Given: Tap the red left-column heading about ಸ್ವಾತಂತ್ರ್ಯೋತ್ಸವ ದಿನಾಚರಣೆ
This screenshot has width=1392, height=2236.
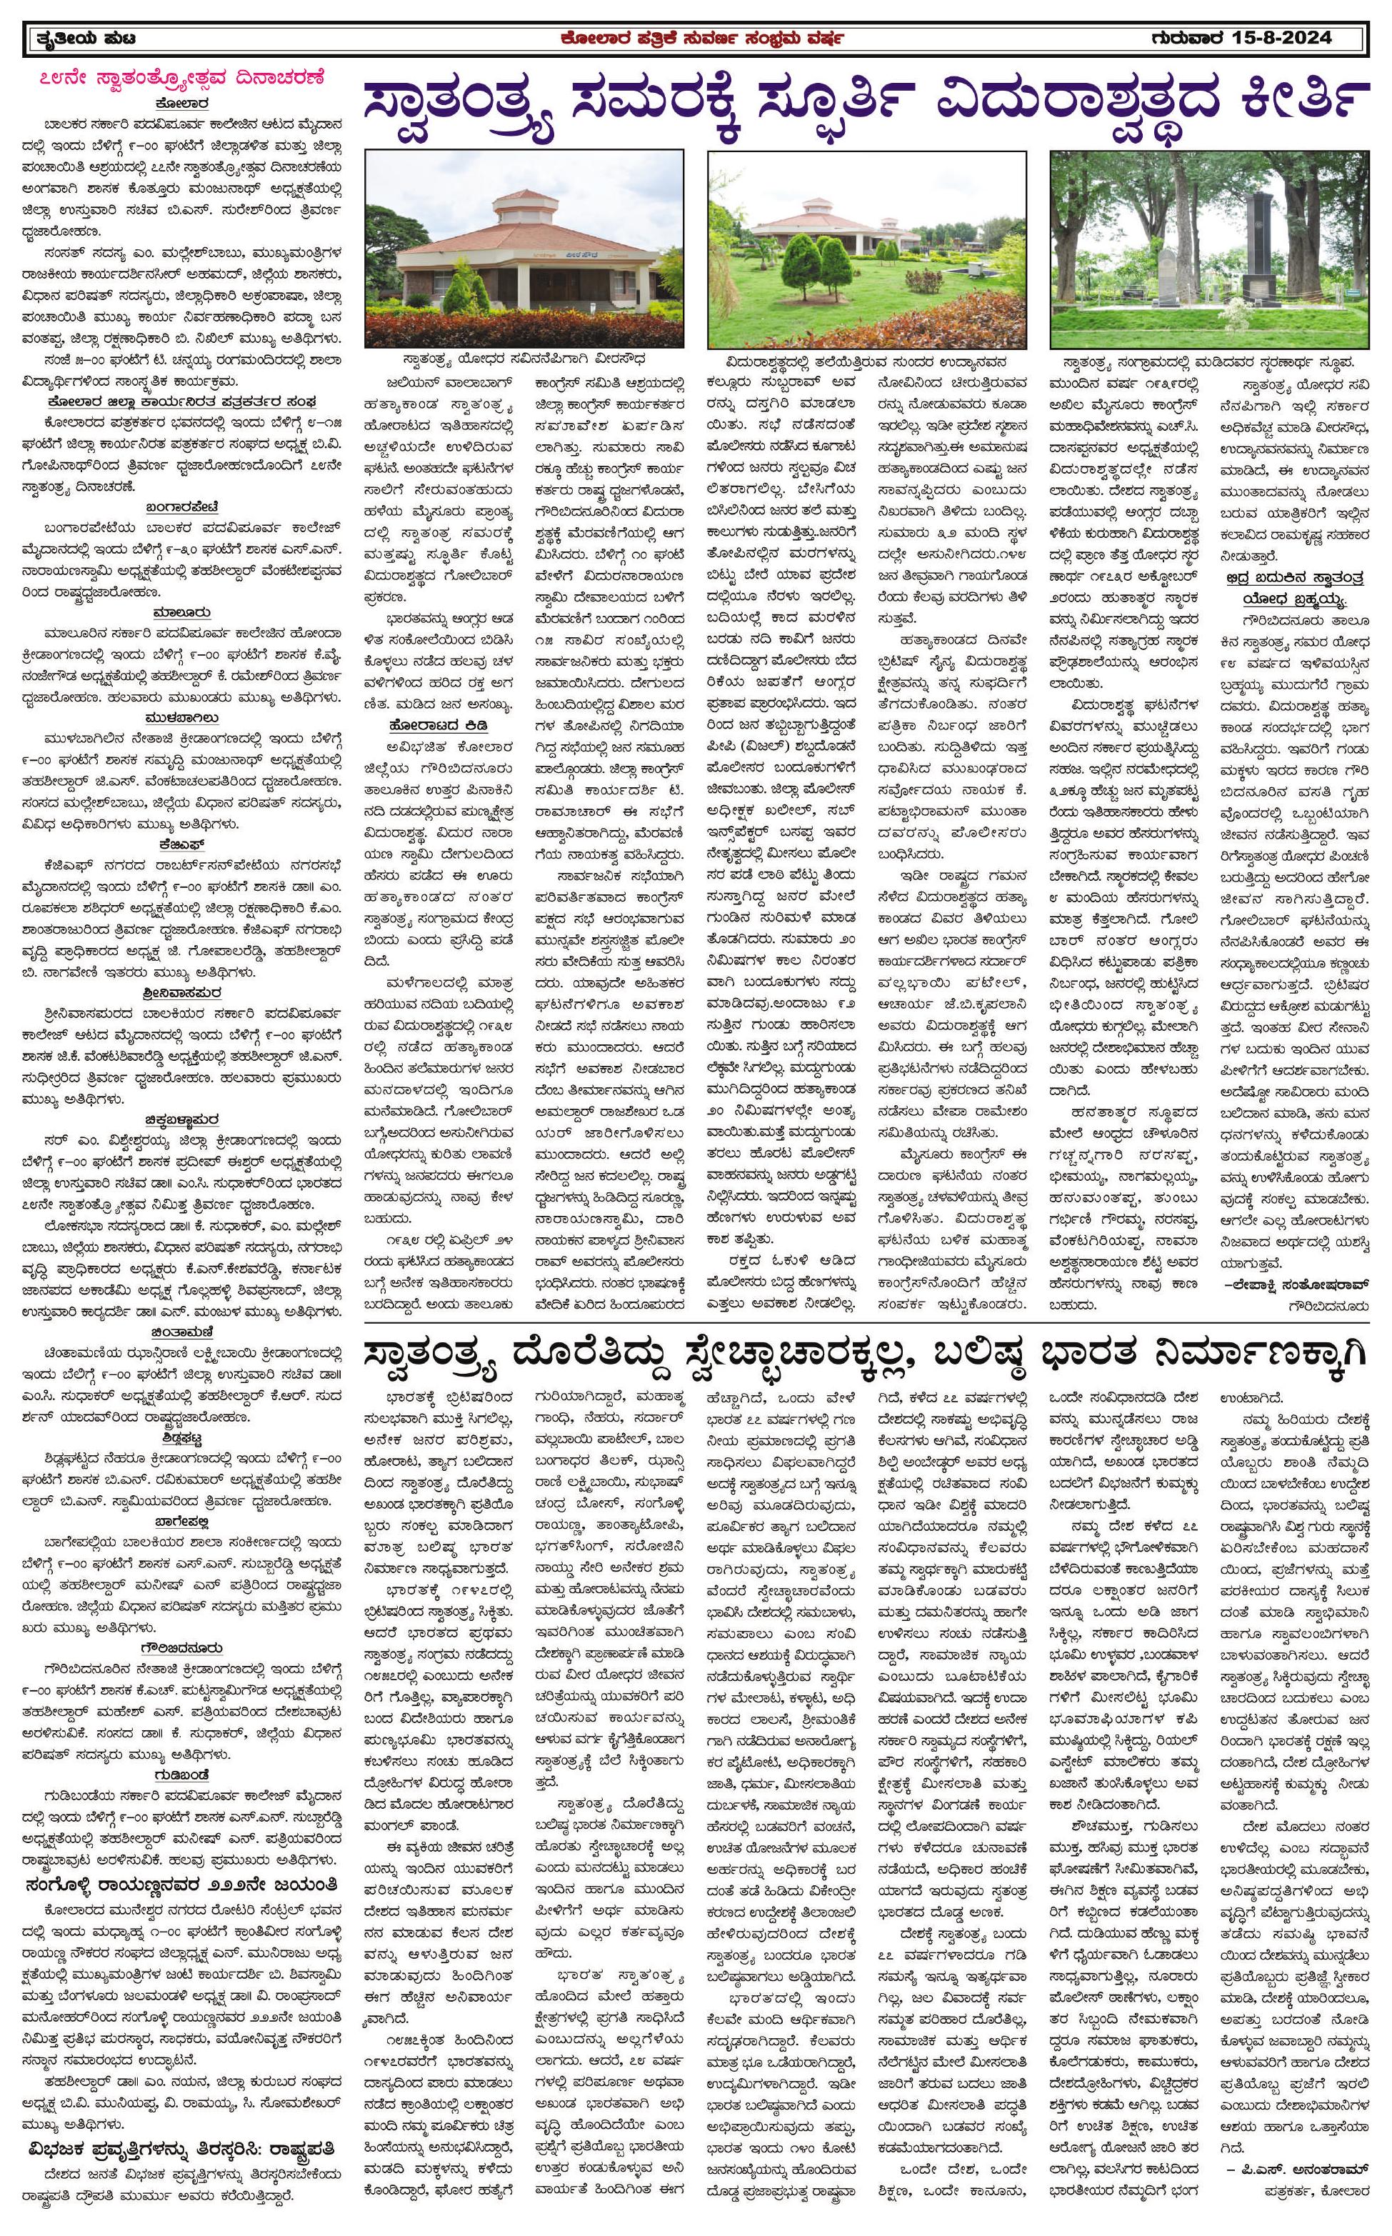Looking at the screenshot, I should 182,76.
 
